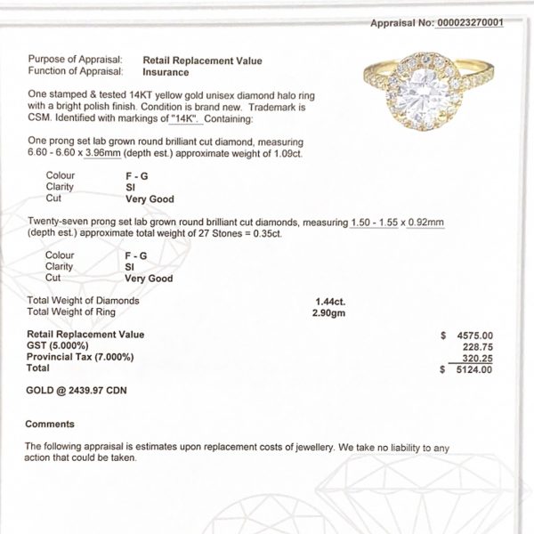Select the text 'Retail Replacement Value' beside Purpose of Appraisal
point(202,61)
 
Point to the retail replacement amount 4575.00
point(473,336)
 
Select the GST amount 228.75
point(476,347)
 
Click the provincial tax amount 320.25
point(476,358)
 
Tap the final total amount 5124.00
point(473,369)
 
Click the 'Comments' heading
point(50,424)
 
